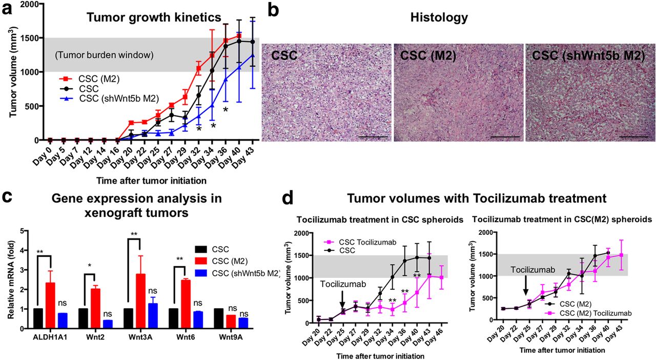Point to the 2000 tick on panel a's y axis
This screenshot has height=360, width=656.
(x=31, y=4)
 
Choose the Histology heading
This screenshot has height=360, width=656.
(x=439, y=18)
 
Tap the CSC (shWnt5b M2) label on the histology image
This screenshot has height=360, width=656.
(x=588, y=56)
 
